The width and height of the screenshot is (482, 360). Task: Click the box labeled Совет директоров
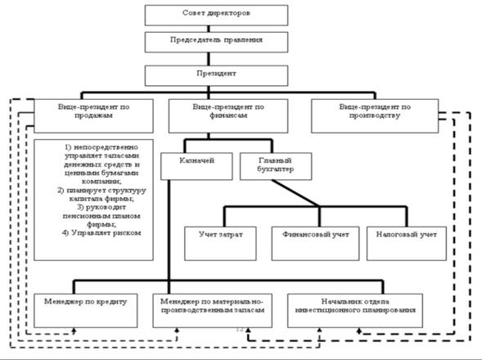(216, 15)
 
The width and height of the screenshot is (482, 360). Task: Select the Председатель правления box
(216, 42)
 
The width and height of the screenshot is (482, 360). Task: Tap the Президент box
(216, 75)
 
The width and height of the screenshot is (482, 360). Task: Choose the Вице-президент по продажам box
(93, 116)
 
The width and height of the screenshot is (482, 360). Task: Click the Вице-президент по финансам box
(228, 116)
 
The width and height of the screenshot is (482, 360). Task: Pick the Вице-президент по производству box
(375, 116)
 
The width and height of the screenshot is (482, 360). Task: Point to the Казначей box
(196, 166)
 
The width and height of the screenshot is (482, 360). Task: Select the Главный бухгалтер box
(276, 166)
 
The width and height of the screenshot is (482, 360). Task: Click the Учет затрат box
(220, 244)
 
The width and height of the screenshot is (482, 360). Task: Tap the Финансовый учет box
(315, 244)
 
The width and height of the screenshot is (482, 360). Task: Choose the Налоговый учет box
(407, 244)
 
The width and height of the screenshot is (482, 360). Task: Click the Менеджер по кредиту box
(85, 311)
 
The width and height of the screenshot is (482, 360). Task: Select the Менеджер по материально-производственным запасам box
(213, 311)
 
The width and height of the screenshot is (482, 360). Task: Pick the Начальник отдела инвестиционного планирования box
(355, 311)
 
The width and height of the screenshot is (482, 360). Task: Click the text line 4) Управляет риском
(101, 232)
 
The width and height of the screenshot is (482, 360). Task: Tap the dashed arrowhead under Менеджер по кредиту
(74, 331)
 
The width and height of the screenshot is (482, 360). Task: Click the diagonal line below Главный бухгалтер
(295, 193)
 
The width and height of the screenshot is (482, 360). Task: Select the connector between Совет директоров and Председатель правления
(209, 29)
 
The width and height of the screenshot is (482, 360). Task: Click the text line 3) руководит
(101, 207)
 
